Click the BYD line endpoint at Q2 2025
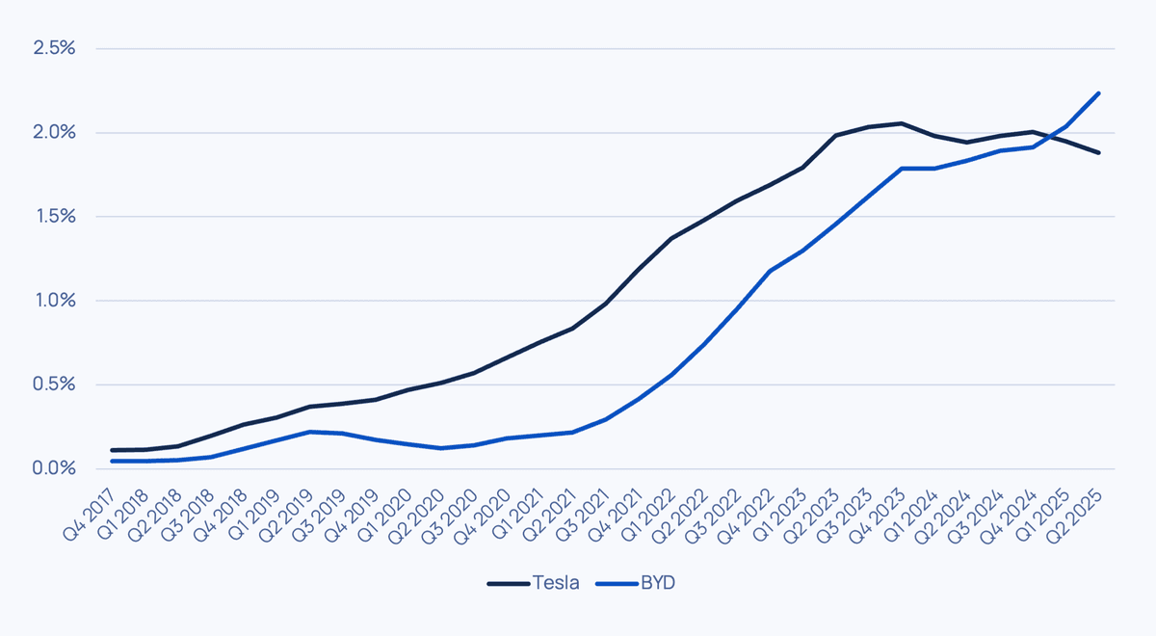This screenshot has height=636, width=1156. [x=1099, y=93]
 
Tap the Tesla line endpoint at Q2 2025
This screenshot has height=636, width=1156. [x=1099, y=152]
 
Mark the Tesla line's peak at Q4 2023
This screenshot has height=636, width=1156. [x=901, y=123]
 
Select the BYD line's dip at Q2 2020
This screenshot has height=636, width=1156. [x=440, y=448]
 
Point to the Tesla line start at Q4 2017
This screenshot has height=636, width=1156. [x=112, y=450]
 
